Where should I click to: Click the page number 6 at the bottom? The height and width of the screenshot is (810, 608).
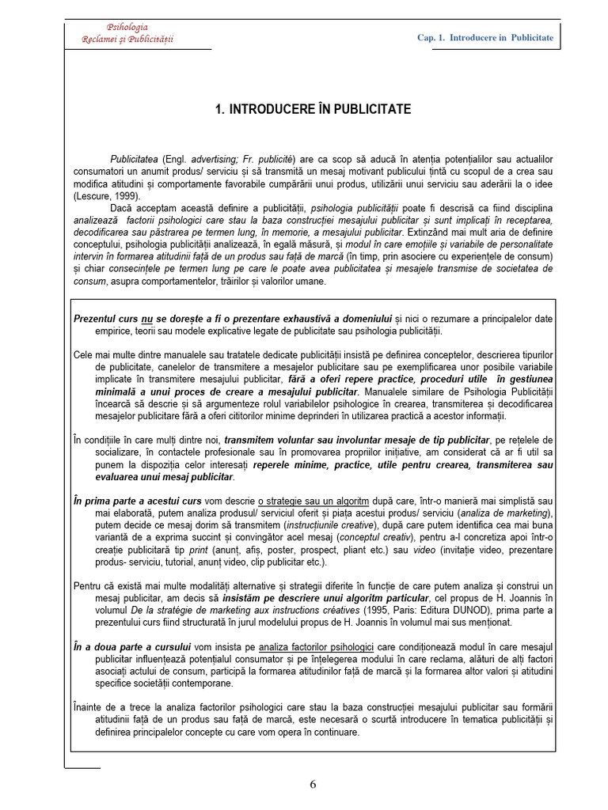coord(313,785)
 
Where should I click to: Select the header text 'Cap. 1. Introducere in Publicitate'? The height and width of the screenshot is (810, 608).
coord(485,38)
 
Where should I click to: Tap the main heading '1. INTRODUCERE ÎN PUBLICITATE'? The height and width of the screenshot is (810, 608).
coord(313,109)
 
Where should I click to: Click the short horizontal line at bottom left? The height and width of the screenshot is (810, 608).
coord(82,766)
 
